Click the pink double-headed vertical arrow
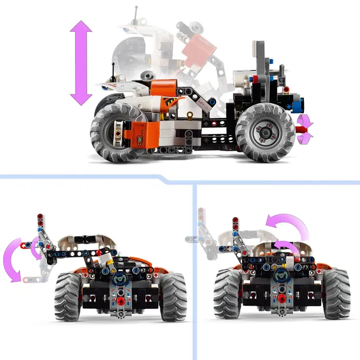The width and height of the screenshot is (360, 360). click(x=81, y=63)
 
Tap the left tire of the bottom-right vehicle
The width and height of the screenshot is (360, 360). click(x=228, y=294)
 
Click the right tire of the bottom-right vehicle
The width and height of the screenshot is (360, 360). click(x=335, y=294)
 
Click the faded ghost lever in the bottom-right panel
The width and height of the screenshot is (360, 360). click(x=206, y=230)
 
